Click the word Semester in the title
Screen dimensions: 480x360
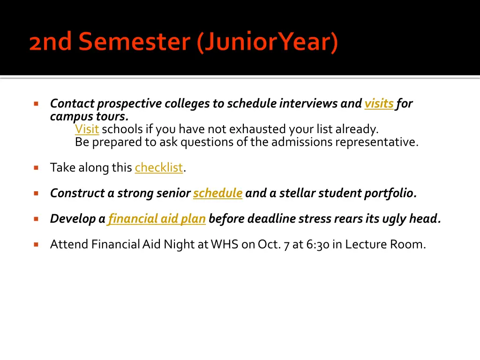pos(135,41)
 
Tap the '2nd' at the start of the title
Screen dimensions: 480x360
pos(51,41)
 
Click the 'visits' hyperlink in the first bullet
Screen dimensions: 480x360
pos(379,104)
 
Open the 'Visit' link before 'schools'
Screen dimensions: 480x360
pos(87,129)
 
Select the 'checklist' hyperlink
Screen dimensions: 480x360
pos(159,167)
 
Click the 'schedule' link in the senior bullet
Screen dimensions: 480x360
pos(217,193)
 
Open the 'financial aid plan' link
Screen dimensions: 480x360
pos(157,219)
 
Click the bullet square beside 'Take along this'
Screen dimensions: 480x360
pos(36,168)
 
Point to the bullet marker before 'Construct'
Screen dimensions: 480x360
pos(36,194)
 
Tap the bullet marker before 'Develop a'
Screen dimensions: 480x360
pos(36,219)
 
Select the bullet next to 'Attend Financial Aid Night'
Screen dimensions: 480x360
pos(36,245)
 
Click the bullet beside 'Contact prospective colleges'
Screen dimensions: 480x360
pos(36,104)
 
